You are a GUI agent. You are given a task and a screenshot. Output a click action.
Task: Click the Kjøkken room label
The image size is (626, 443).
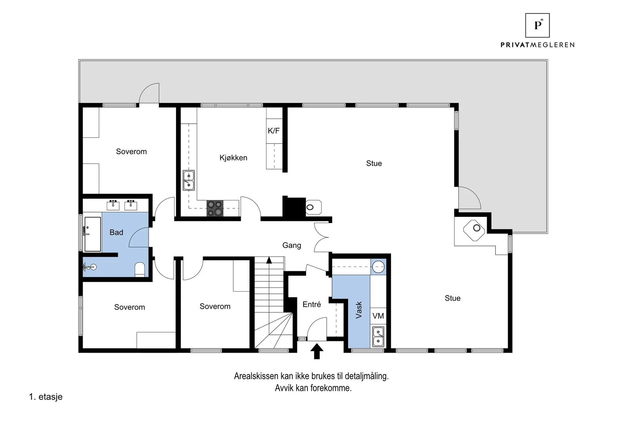(233, 158)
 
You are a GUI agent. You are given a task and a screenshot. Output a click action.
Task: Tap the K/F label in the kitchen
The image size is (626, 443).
(273, 131)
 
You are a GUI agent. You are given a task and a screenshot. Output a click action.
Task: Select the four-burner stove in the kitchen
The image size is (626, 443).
(215, 208)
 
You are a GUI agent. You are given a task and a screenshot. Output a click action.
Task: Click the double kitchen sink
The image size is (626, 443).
(189, 180)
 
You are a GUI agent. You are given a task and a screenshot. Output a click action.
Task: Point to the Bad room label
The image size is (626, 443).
(116, 232)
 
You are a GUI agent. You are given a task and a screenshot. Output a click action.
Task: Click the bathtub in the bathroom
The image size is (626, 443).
(92, 234)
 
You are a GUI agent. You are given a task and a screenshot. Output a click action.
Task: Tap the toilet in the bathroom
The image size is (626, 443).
(140, 269)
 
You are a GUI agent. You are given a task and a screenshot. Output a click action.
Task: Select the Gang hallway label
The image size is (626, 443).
(292, 245)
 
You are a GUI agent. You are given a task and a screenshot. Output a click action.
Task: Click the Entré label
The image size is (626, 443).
(311, 304)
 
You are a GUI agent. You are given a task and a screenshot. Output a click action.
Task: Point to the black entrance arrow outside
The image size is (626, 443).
(317, 351)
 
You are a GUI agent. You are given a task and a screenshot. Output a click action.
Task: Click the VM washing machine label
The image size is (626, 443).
(378, 316)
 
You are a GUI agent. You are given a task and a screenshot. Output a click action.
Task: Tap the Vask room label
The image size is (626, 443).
(358, 310)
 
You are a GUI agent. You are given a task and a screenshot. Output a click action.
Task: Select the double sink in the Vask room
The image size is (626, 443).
(378, 337)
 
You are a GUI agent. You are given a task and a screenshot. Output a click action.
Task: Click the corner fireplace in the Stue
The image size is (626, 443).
(474, 230)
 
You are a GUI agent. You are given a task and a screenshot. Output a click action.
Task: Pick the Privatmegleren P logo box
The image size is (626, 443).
(538, 25)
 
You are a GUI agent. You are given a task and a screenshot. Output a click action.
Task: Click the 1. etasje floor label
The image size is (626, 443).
(46, 397)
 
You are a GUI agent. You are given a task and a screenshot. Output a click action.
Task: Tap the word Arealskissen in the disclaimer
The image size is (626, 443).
(256, 376)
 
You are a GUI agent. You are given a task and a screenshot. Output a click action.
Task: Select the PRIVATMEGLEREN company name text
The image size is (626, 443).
(538, 45)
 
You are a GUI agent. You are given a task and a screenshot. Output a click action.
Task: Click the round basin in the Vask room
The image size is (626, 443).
(378, 267)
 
